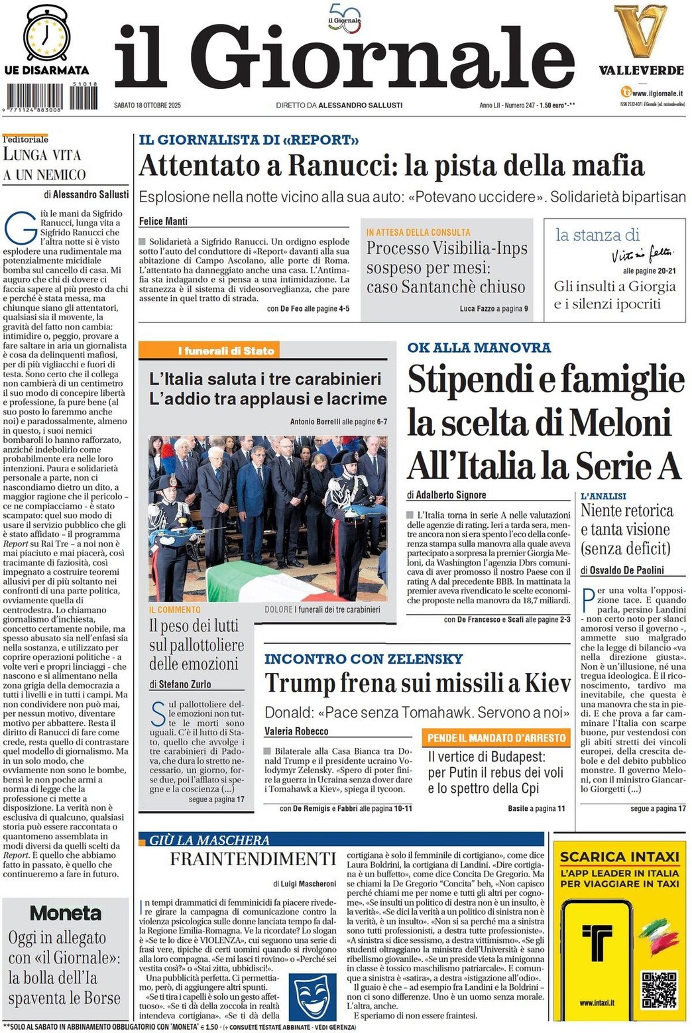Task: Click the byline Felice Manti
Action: click(163, 221)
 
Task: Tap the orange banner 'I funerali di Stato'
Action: click(226, 351)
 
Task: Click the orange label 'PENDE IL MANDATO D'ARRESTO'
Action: click(496, 738)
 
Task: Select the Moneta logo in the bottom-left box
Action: click(66, 913)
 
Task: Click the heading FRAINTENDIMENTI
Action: click(253, 859)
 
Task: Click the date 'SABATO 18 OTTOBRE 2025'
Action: click(147, 105)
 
